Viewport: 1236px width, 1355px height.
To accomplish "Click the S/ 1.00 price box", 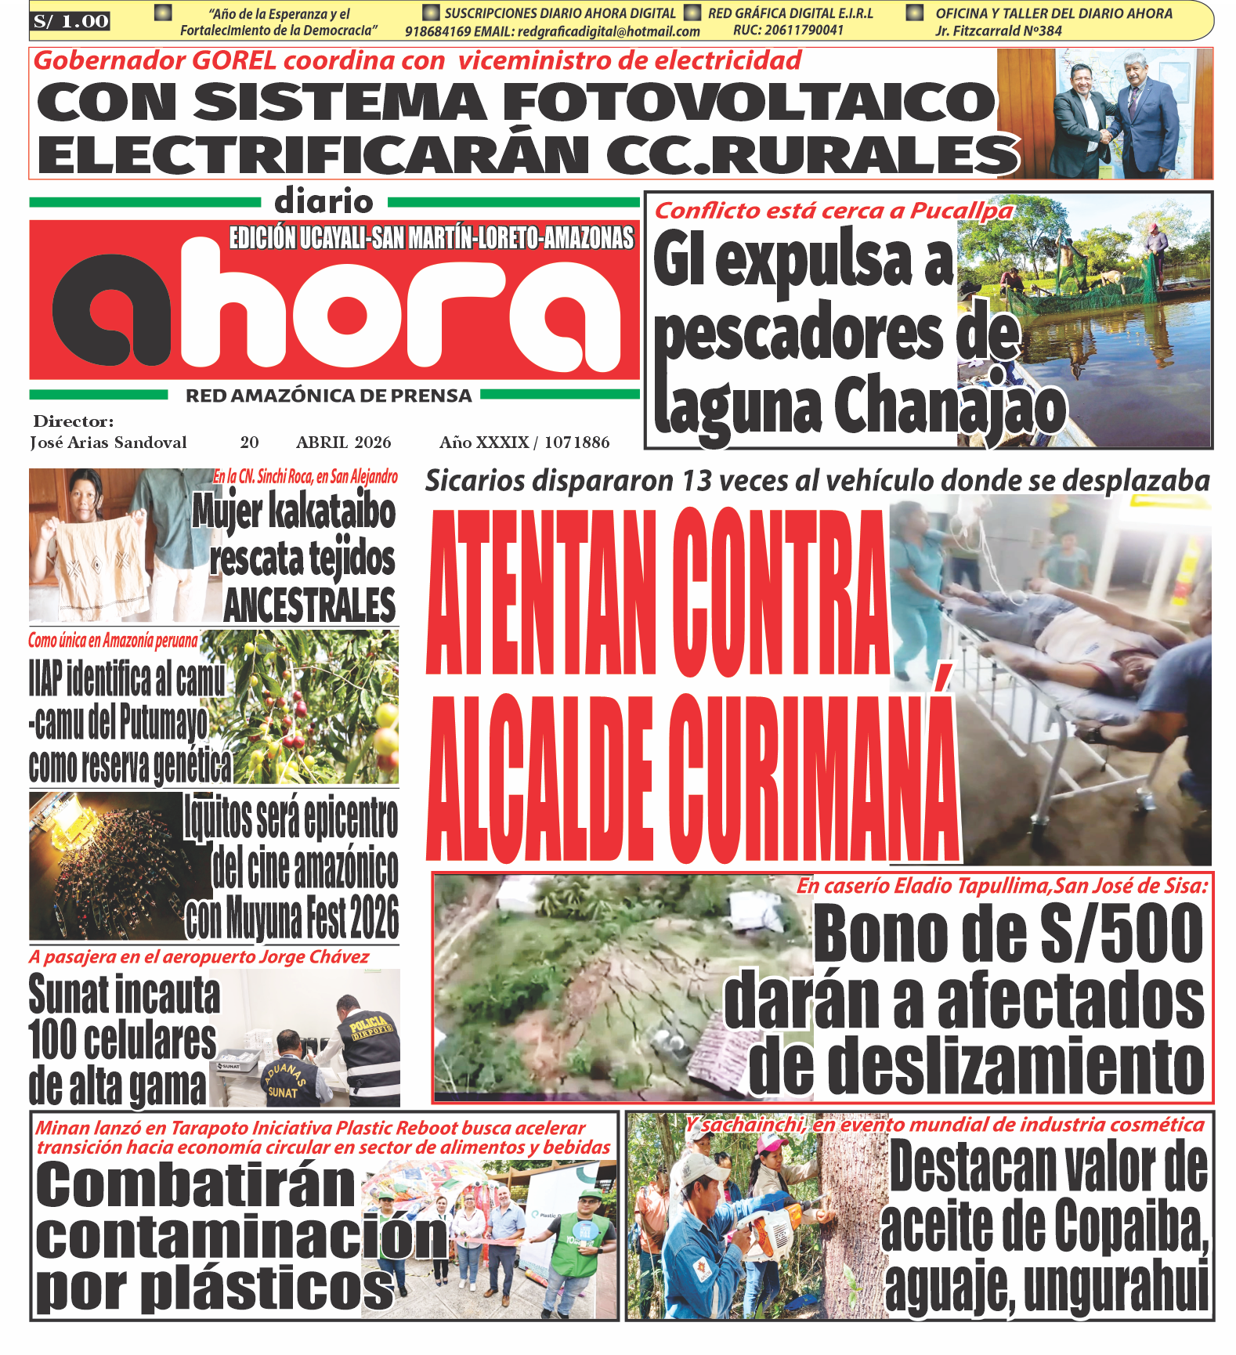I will [x=70, y=21].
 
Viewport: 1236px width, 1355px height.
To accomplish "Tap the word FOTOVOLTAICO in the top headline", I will [x=748, y=102].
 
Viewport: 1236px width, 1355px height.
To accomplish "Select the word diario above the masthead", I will [x=323, y=202].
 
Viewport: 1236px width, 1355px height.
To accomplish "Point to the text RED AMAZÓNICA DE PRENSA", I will [x=328, y=396].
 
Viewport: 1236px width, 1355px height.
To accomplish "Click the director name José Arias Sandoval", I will [x=109, y=443].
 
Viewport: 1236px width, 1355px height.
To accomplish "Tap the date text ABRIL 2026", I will [x=343, y=443].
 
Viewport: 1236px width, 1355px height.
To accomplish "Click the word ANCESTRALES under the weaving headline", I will [x=310, y=605].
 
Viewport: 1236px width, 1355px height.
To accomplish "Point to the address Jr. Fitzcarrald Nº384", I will [x=998, y=31].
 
